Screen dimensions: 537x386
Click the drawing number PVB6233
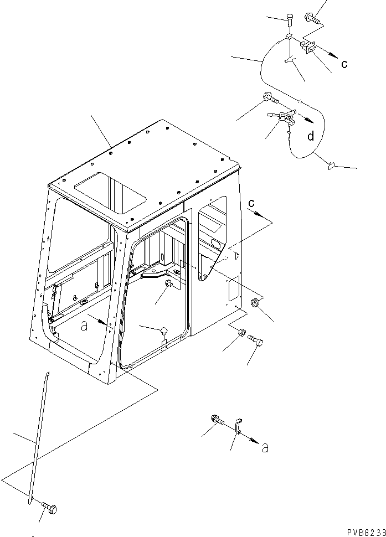click(359, 532)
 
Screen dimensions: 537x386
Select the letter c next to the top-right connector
click(344, 64)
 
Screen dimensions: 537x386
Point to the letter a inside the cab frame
click(85, 327)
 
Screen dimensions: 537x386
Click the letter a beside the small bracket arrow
click(265, 448)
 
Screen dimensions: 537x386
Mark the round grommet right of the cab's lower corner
click(255, 303)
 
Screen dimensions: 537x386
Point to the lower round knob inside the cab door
click(164, 331)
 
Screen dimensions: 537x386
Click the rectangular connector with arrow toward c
click(309, 48)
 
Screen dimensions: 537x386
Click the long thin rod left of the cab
click(38, 437)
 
